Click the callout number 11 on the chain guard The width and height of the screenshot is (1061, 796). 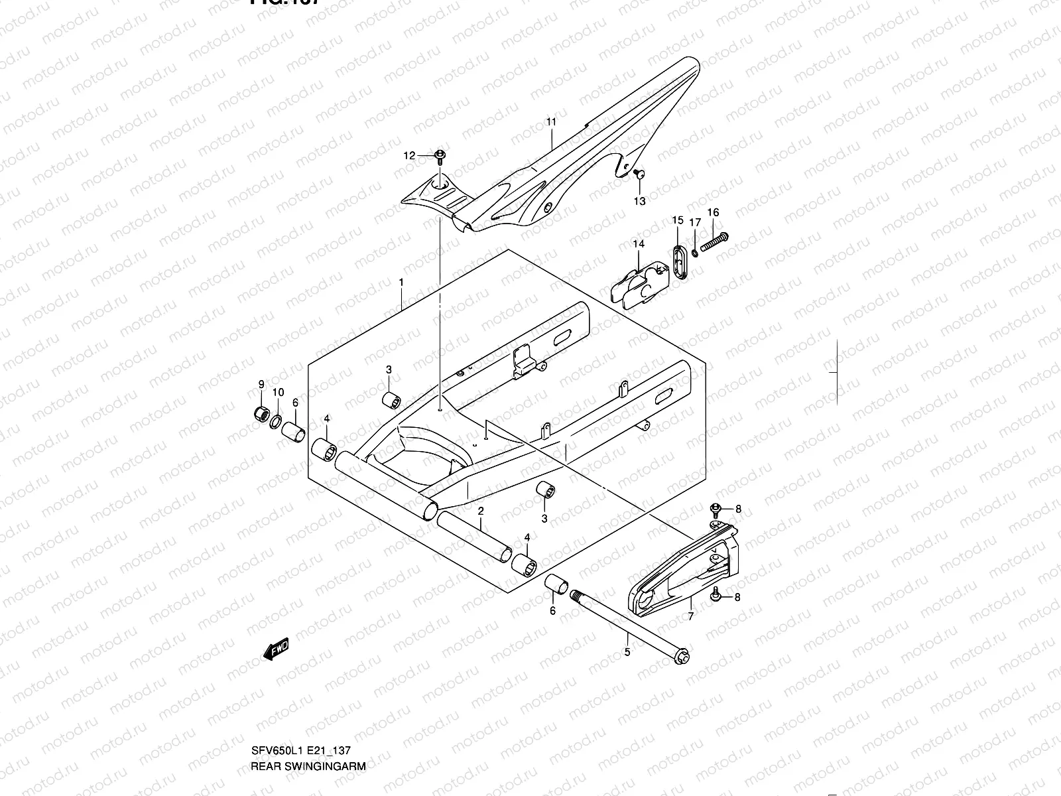[551, 121]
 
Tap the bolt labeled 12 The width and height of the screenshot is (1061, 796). [440, 156]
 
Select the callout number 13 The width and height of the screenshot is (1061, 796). [639, 200]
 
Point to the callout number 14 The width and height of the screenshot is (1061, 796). [638, 244]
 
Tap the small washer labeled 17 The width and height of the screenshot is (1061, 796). [694, 251]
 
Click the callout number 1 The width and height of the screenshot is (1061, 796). [401, 282]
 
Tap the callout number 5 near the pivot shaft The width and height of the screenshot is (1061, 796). [627, 651]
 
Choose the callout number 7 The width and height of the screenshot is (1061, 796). [691, 616]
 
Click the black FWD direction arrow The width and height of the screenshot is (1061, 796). [276, 649]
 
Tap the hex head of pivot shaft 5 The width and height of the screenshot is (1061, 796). [681, 657]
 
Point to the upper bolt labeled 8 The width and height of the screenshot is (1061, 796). [716, 509]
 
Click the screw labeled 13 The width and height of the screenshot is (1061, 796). [640, 174]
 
